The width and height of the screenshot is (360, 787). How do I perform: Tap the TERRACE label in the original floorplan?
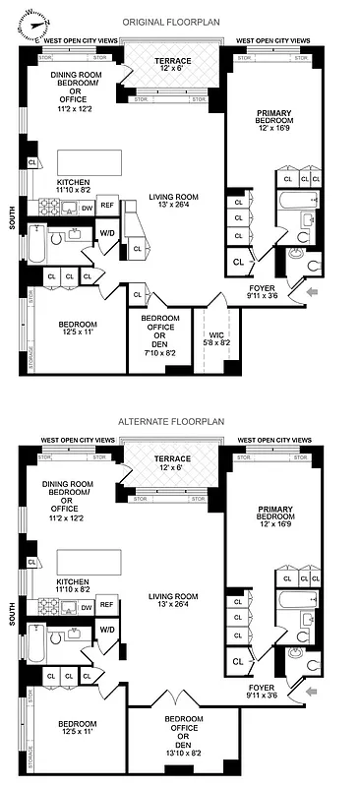click(x=174, y=61)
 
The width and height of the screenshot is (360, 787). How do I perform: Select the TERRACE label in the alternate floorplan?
click(x=174, y=460)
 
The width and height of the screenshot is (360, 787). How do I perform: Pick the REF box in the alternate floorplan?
click(x=107, y=605)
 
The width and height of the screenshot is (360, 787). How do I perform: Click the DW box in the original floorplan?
click(x=87, y=207)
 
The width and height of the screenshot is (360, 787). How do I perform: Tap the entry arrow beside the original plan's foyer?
click(x=311, y=292)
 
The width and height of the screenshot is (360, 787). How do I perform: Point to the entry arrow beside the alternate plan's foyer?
click(x=311, y=693)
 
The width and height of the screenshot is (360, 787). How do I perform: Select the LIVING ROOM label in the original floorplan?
click(x=174, y=197)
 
